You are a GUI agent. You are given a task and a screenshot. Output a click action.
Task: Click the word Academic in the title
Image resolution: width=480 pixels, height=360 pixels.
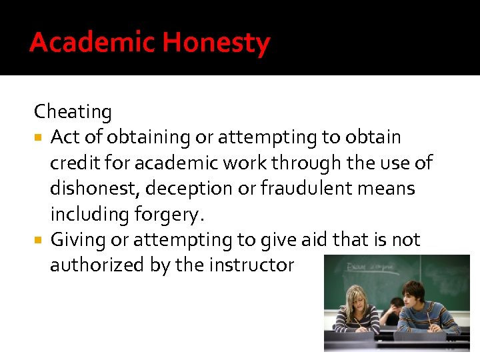click(92, 43)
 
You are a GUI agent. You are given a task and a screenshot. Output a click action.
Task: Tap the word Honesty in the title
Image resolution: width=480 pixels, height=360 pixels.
click(216, 43)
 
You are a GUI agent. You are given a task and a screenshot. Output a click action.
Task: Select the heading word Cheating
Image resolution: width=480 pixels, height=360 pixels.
click(73, 111)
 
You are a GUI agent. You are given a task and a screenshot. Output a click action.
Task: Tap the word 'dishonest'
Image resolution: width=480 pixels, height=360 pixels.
click(93, 188)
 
